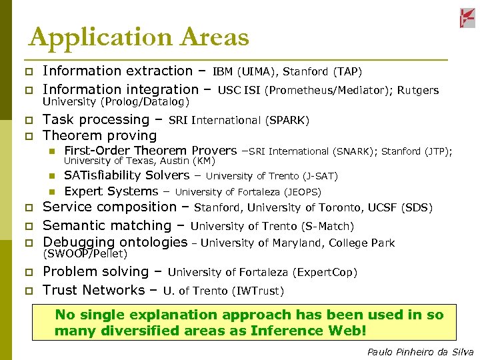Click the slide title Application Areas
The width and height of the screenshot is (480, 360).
click(139, 37)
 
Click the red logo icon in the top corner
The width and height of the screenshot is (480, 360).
click(467, 18)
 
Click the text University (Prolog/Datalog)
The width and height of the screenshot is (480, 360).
click(116, 102)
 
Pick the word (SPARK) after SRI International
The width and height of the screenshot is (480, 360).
click(287, 121)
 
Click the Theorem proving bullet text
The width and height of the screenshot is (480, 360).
click(99, 136)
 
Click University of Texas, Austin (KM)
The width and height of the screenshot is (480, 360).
click(139, 161)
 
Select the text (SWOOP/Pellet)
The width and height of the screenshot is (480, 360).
click(85, 254)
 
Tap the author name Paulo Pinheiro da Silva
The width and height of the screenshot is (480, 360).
click(420, 352)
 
